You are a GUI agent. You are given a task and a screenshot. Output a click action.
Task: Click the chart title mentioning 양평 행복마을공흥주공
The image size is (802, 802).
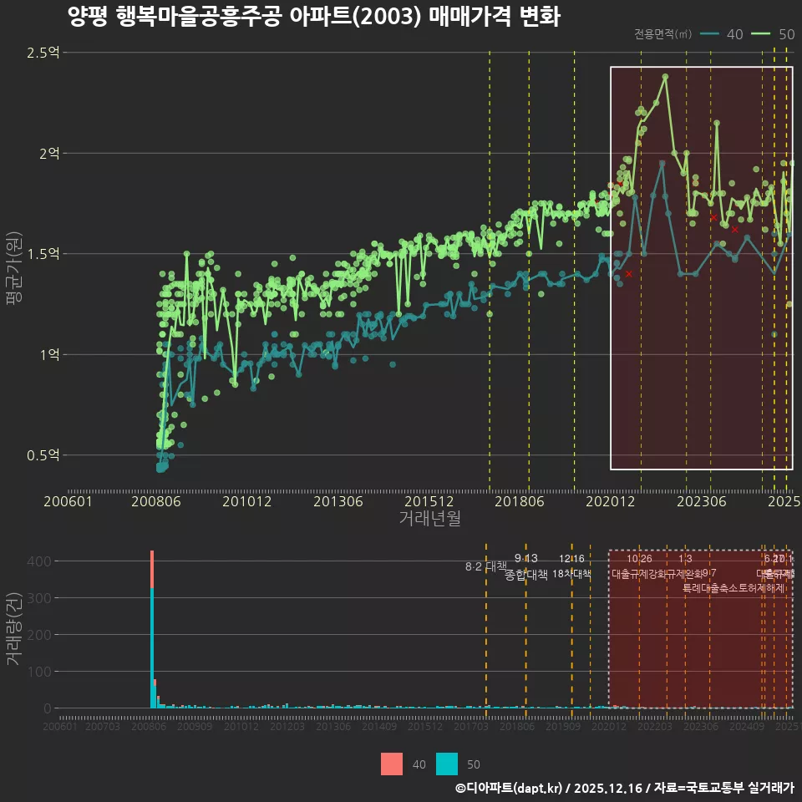click(x=313, y=17)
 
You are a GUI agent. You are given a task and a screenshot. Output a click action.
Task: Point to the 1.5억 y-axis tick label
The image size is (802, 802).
click(x=43, y=254)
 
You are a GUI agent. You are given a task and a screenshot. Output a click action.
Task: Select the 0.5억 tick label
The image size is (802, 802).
click(x=43, y=455)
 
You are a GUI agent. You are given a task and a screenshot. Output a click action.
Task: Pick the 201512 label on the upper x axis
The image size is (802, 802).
click(x=429, y=501)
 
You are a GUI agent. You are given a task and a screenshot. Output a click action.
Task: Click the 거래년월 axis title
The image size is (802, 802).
click(x=429, y=519)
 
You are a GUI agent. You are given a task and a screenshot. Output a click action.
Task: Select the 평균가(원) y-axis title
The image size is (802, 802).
click(x=14, y=272)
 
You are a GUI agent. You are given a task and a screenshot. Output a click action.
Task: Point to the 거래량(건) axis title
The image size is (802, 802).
click(x=14, y=629)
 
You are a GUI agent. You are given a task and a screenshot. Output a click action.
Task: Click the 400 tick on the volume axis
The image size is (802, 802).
click(x=41, y=561)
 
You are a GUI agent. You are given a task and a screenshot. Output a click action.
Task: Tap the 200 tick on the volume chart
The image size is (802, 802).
click(x=41, y=635)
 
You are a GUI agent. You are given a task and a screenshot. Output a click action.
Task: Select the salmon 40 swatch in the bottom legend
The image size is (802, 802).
click(x=391, y=764)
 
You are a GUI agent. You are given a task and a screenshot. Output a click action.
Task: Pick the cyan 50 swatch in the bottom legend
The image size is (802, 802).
click(x=448, y=764)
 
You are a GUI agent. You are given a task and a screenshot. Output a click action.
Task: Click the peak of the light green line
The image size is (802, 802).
click(x=666, y=76)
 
